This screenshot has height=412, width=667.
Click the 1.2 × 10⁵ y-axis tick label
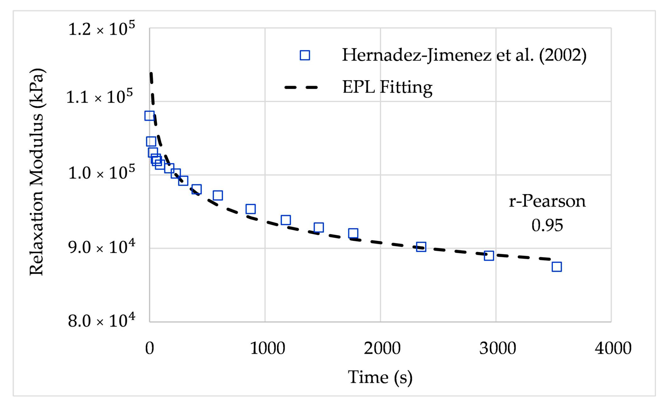point(101,29)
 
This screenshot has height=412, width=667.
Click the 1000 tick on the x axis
point(267,348)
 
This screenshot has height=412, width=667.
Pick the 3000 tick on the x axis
point(497,348)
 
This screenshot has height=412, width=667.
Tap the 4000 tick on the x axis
point(613,348)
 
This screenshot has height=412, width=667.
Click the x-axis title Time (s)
point(380,377)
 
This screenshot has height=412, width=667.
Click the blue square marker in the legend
point(305,55)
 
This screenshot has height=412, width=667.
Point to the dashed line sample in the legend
point(301,87)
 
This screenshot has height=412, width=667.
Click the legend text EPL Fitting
point(387,87)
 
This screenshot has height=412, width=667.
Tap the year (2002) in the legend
point(563,55)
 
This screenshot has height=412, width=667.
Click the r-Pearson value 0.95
point(547,225)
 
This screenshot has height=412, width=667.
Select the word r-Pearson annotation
point(547,201)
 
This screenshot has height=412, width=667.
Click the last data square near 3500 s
point(556,267)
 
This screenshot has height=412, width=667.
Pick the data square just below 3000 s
point(489,255)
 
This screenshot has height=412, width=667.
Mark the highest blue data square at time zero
point(149,116)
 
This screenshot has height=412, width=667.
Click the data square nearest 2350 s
point(421,247)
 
